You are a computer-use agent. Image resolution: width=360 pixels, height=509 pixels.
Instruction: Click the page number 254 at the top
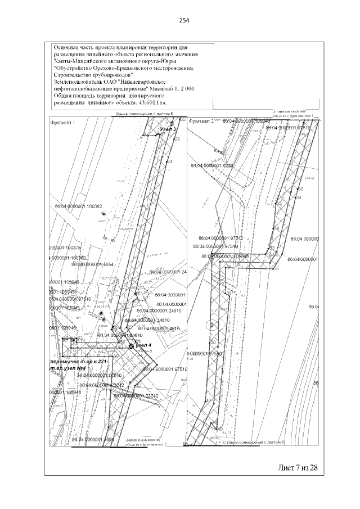click(183, 20)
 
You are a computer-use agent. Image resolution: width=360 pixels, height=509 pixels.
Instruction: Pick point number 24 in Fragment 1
click(170, 162)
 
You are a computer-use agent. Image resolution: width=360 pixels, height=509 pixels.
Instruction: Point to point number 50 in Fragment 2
click(213, 342)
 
